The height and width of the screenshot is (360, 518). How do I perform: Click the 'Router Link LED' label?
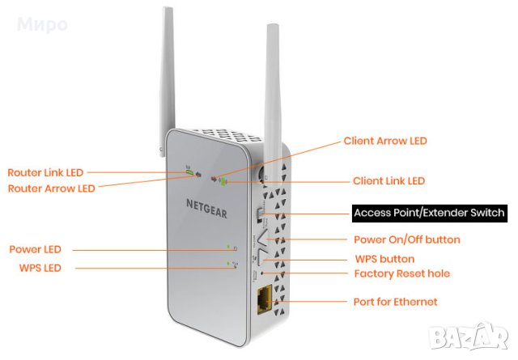pos(45,172)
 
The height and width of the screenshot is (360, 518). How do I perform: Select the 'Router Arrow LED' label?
pos(51,188)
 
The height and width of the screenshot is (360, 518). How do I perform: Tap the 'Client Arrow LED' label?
pos(385,141)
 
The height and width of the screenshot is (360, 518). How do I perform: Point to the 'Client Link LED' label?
pos(388,180)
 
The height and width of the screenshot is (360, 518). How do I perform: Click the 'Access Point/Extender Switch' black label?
pos(429,214)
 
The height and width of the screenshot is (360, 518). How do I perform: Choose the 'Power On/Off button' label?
pos(407,239)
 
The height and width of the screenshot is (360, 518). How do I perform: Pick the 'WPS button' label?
pos(384,259)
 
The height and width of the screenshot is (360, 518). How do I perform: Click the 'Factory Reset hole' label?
pos(402,273)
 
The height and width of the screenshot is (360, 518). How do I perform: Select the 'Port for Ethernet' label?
pos(396,302)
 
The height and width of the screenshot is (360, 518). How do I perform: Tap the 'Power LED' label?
pos(35,249)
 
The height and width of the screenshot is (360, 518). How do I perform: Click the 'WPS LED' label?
pos(34,267)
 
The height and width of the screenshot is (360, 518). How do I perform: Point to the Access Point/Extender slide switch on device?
pos(260,215)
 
